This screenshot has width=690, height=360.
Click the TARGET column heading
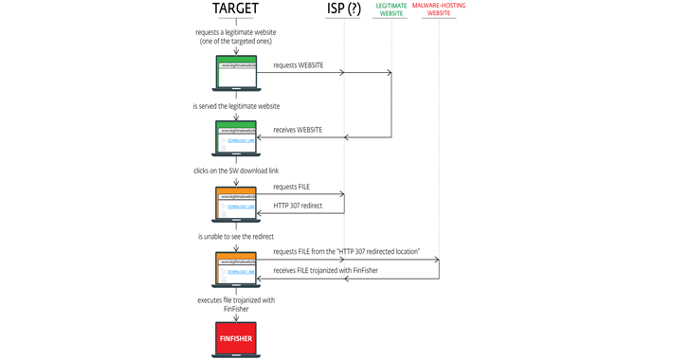click(236, 9)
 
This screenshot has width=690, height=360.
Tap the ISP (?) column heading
click(343, 9)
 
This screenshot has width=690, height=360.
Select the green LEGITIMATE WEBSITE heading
click(391, 9)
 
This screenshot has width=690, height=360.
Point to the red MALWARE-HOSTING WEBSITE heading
click(439, 9)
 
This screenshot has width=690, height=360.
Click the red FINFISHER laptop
click(236, 338)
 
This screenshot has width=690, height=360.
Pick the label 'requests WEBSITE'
click(299, 65)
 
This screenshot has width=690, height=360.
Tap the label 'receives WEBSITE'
click(298, 130)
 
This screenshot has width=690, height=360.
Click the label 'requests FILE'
click(292, 188)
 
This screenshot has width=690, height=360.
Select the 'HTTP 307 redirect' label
click(299, 205)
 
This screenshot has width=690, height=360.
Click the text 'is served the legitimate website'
click(236, 106)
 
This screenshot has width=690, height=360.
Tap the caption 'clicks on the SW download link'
click(236, 171)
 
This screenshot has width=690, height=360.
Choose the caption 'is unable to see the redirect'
click(236, 236)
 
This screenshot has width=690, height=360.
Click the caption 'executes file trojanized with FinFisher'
click(236, 304)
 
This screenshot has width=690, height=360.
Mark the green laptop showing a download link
click(236, 138)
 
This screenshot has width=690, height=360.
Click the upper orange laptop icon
click(236, 204)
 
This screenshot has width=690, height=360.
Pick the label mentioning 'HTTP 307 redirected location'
click(347, 252)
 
